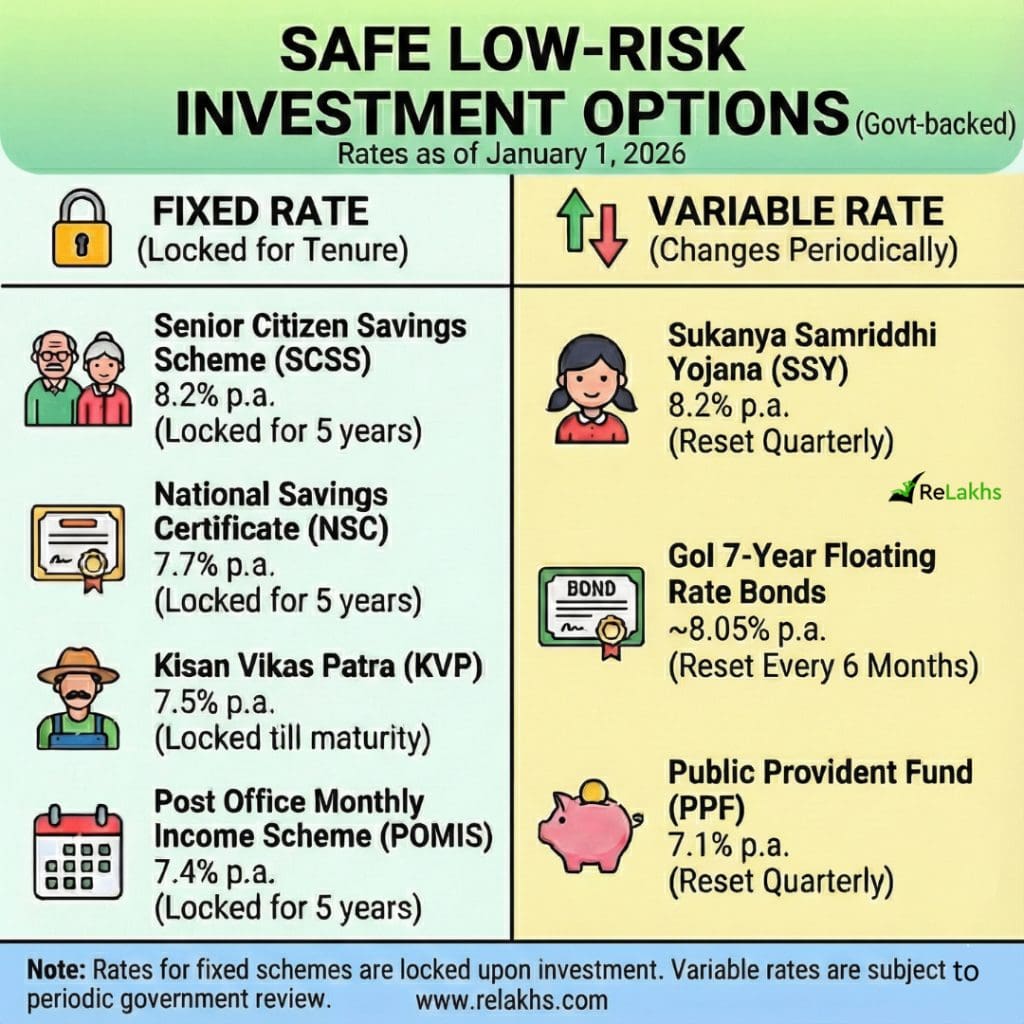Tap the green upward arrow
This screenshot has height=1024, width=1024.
pyautogui.click(x=575, y=220)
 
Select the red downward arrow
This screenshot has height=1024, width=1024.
pyautogui.click(x=608, y=235)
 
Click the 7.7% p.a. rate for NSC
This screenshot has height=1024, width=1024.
pyautogui.click(x=214, y=565)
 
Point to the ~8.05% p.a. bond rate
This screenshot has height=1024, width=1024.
pyautogui.click(x=747, y=630)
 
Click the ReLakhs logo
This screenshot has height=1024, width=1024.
pyautogui.click(x=945, y=489)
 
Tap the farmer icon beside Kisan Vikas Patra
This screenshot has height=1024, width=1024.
pyautogui.click(x=78, y=699)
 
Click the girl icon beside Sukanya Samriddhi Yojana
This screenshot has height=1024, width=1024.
pyautogui.click(x=592, y=389)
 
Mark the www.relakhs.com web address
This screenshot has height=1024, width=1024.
pyautogui.click(x=511, y=1000)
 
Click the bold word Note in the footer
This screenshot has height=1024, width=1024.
pyautogui.click(x=56, y=970)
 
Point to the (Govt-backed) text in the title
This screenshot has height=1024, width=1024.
pyautogui.click(x=935, y=123)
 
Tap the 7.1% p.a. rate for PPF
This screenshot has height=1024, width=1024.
pyautogui.click(x=729, y=845)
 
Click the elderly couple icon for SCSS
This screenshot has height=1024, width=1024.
pyautogui.click(x=78, y=379)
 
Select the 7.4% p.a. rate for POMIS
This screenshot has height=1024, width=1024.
pyautogui.click(x=214, y=872)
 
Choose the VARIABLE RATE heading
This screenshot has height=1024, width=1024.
pyautogui.click(x=795, y=211)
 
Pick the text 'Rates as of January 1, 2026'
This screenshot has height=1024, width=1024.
pyautogui.click(x=511, y=154)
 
